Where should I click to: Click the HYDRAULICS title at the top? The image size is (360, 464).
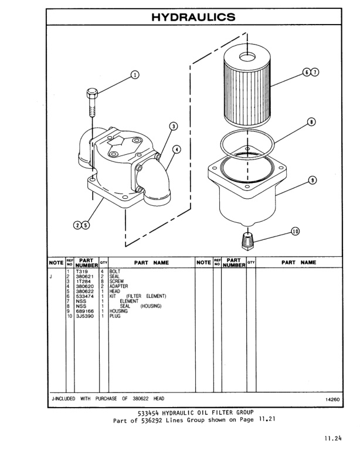click(x=193, y=17)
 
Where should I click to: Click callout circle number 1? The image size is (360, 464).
click(x=135, y=74)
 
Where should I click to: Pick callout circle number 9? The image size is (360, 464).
click(x=312, y=180)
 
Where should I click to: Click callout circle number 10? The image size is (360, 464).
click(x=295, y=232)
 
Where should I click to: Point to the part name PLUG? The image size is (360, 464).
click(x=115, y=316)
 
